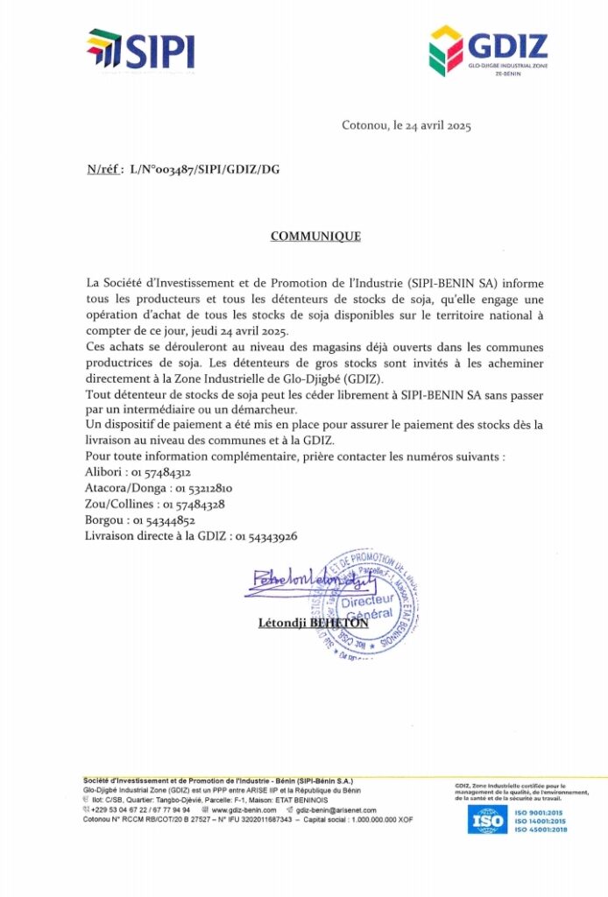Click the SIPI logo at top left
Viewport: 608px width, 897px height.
point(140,50)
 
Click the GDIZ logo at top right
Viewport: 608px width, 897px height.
point(488,51)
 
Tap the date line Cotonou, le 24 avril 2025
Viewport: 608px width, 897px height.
point(407,125)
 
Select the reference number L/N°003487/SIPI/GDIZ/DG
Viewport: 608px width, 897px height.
point(205,168)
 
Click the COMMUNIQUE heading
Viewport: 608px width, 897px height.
point(303,237)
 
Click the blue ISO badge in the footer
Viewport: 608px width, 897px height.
point(487,822)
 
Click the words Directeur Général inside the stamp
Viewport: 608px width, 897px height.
point(367,609)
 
